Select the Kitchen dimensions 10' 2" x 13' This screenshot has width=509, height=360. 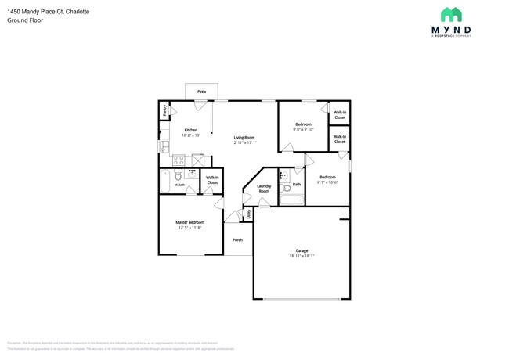(190, 135)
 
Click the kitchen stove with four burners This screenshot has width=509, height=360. (179, 160)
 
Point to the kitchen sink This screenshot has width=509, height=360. (163, 146)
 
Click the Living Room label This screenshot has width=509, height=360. (244, 138)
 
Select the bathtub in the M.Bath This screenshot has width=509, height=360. (164, 182)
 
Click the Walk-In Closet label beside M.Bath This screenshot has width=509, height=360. (212, 180)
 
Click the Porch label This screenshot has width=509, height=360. (237, 240)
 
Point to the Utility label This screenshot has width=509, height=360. (249, 214)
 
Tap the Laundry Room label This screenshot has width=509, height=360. (264, 189)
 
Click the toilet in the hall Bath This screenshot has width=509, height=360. (286, 189)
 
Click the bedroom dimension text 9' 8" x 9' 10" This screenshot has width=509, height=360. (302, 130)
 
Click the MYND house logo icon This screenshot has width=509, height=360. (450, 15)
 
